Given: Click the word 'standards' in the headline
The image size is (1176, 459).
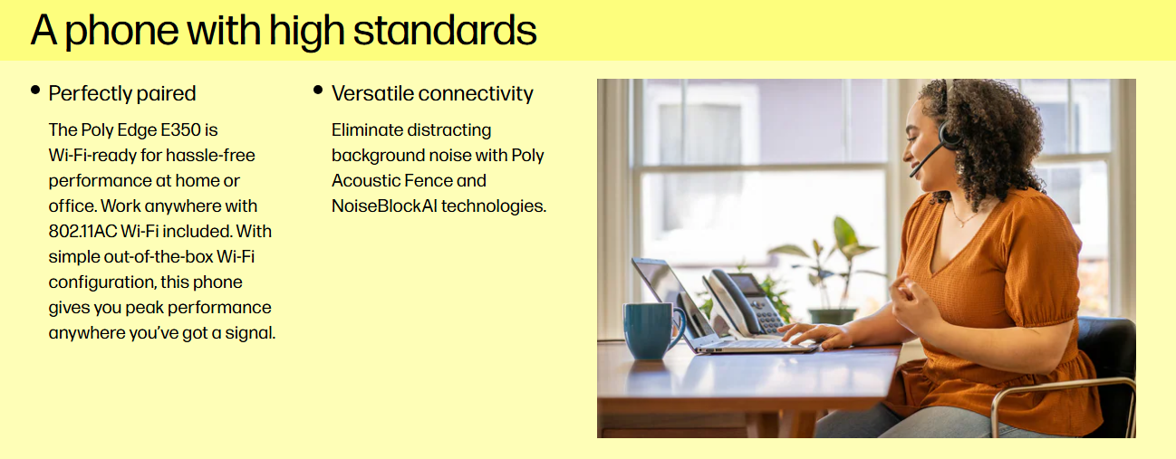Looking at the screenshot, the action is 445,30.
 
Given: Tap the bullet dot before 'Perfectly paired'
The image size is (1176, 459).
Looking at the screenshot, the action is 35,90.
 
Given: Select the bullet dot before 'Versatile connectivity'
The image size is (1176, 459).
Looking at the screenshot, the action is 318,90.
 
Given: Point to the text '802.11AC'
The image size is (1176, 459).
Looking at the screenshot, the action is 82,232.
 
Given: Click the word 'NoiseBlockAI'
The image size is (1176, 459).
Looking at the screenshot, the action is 384,206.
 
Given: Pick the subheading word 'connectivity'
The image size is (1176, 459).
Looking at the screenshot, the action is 476,93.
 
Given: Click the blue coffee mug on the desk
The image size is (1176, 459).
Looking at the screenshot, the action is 652,330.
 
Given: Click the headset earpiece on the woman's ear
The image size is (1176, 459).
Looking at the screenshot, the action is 949,134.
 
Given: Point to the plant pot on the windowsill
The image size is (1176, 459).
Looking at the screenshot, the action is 832,316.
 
